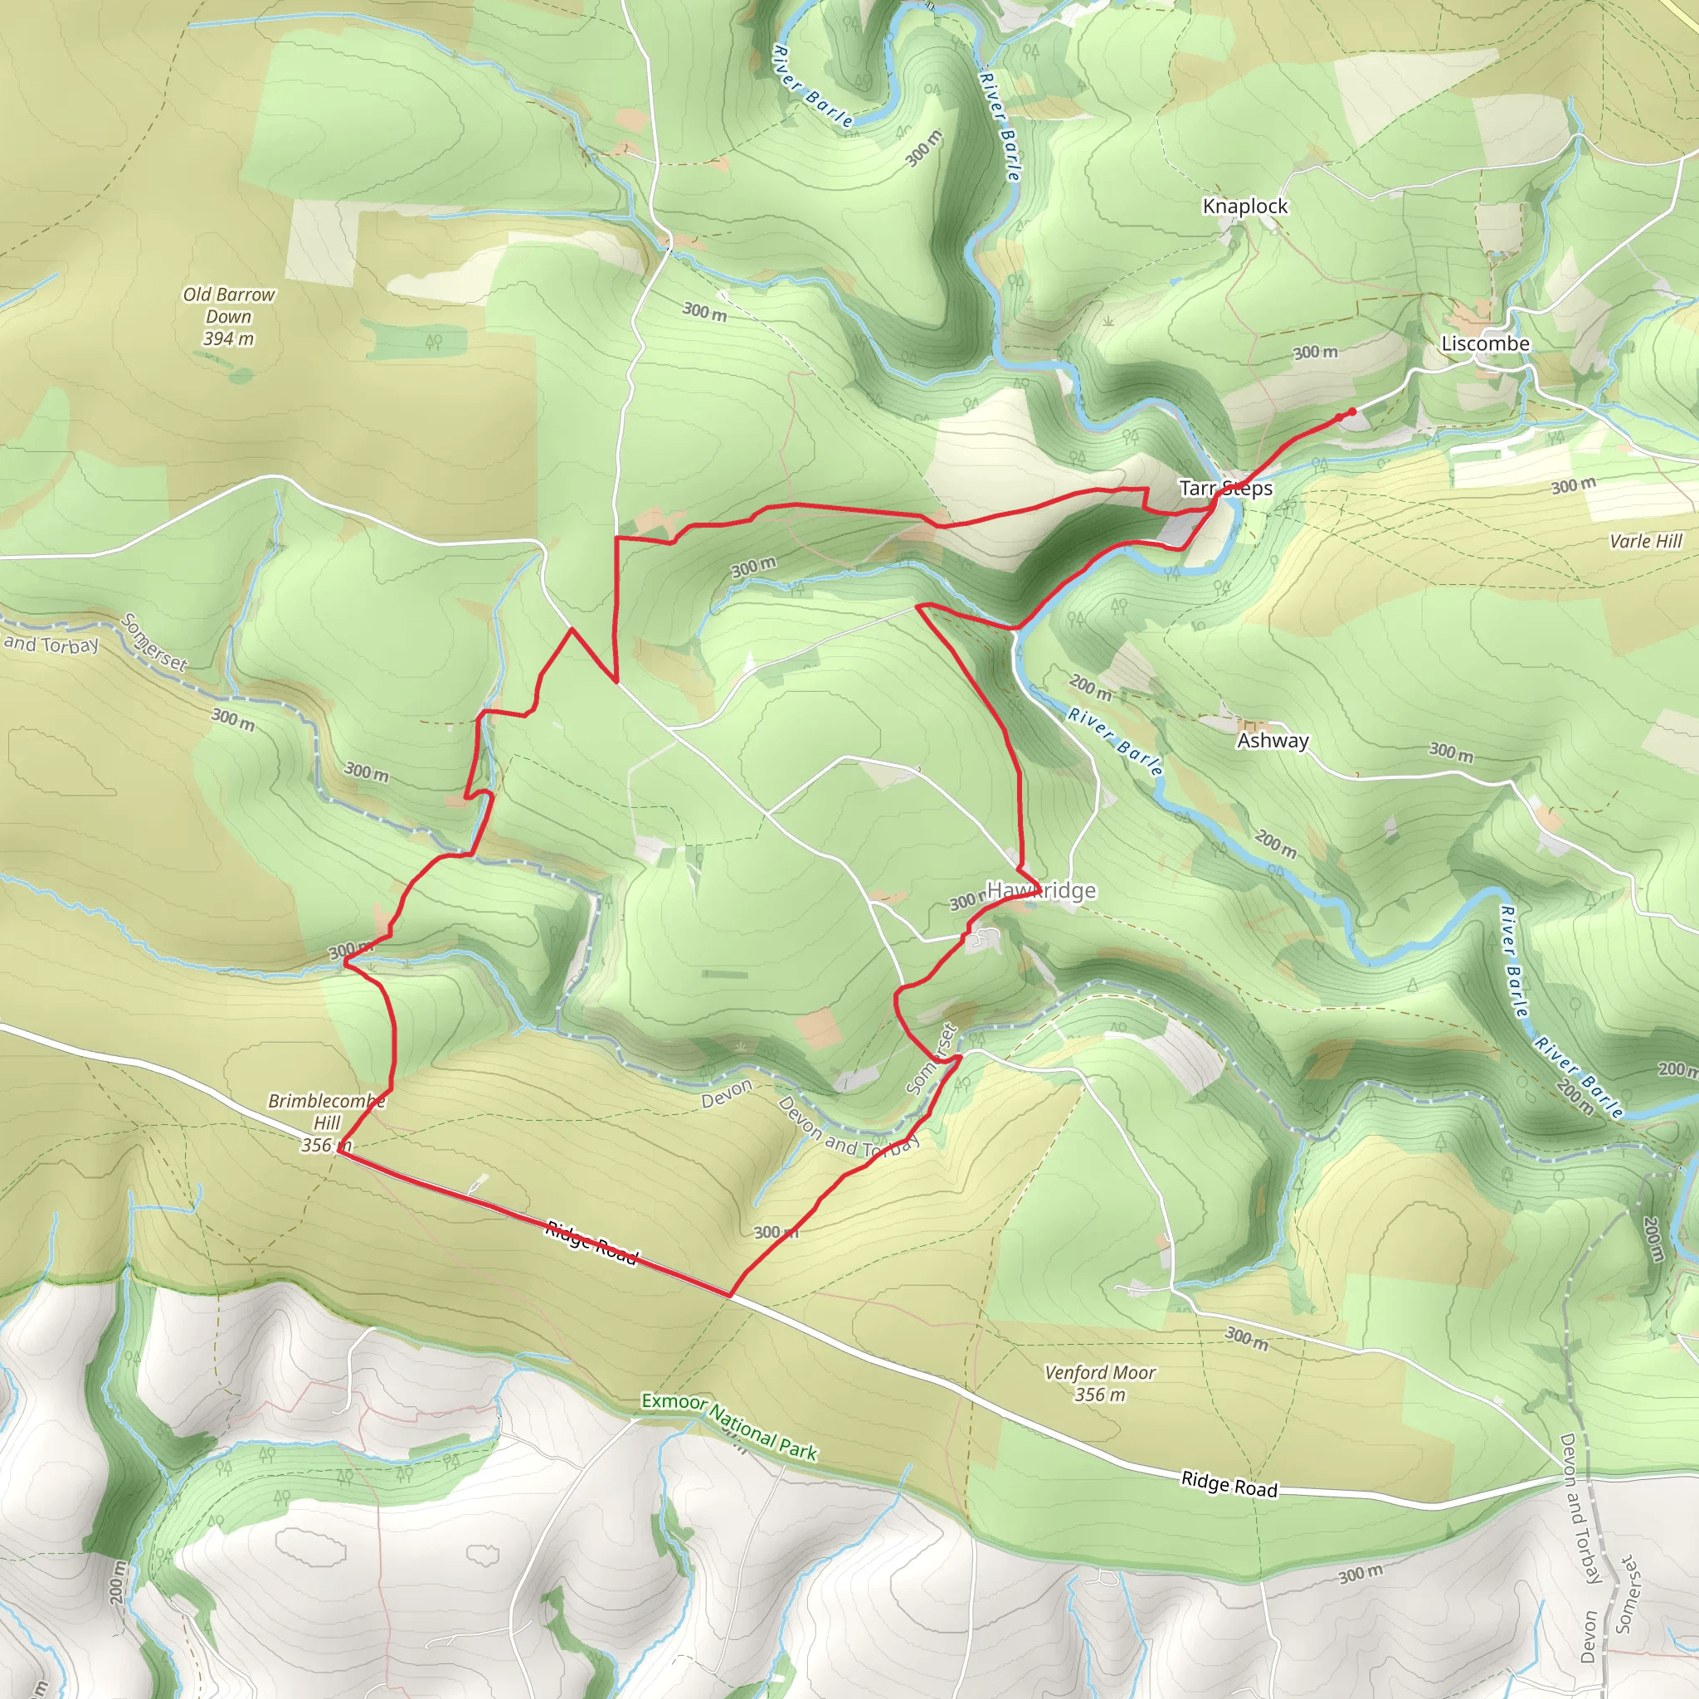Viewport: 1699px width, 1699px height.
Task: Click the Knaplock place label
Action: pos(1244,206)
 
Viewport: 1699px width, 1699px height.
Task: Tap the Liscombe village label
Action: pos(1485,343)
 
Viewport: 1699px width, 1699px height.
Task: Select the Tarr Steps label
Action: pos(1226,488)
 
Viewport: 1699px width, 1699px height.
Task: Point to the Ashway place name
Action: pos(1273,741)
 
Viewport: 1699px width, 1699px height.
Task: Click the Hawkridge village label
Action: pos(1041,891)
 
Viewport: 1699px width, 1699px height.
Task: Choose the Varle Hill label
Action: pos(1645,541)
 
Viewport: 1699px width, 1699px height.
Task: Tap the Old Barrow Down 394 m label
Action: pos(229,317)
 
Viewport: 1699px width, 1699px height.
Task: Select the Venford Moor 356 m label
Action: pos(1099,1382)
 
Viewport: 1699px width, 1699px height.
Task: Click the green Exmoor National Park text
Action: pos(729,1426)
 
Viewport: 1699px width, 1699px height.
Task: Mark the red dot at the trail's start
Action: pos(1351,411)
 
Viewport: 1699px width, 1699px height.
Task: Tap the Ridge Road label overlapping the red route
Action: pos(591,1242)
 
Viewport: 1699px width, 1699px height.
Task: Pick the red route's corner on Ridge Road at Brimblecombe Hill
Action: pos(338,1153)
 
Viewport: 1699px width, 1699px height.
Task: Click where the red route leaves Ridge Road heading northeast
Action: pos(730,1295)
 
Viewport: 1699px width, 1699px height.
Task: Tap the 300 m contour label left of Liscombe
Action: pos(1315,353)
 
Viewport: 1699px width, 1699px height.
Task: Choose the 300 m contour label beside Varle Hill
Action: pos(1572,485)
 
